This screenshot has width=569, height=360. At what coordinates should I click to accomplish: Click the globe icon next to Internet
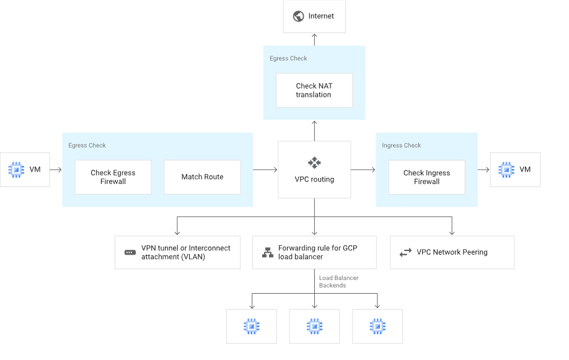point(298,16)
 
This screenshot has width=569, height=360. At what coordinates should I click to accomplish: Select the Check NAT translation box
point(314,90)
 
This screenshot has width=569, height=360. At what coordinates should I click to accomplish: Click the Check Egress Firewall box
point(113,177)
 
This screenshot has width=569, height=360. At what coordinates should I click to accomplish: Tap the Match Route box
point(202,177)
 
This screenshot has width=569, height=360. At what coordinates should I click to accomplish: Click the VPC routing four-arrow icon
point(314,163)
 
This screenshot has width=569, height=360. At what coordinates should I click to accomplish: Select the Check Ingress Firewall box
point(426,177)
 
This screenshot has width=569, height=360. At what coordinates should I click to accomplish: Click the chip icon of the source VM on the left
point(16,169)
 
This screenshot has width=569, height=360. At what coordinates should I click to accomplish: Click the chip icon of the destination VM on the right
point(506,169)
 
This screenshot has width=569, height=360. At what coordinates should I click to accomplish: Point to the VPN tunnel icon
point(130,253)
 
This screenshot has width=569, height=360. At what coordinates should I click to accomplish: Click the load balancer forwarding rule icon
point(267,253)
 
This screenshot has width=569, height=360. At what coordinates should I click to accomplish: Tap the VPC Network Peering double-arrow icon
point(405,253)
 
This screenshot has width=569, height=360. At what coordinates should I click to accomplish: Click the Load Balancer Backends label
point(338,282)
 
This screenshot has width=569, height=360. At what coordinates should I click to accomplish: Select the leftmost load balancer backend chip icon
point(251,326)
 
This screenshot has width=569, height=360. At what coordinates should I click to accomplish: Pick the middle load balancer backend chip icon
point(314,326)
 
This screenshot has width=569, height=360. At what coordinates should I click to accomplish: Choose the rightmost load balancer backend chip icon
point(377,326)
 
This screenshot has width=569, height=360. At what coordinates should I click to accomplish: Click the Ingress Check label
point(401,146)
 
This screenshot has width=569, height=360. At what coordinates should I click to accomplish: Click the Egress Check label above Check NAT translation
point(288,59)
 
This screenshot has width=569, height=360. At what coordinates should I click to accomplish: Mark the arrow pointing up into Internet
point(314,39)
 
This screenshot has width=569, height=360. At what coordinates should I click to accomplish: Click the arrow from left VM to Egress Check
point(55,169)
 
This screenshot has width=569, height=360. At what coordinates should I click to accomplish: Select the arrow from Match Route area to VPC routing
point(265,169)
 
